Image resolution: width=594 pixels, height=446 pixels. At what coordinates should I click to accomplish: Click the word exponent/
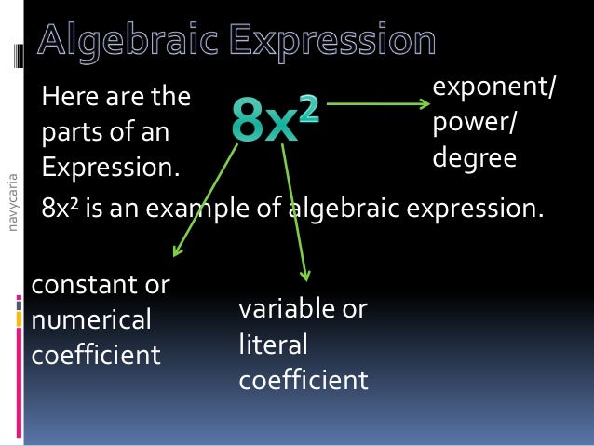[494, 88]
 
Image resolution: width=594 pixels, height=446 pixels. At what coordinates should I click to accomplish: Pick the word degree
[475, 158]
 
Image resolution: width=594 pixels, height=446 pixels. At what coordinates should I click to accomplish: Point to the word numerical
[90, 320]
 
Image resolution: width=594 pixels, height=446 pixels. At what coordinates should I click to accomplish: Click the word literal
[273, 345]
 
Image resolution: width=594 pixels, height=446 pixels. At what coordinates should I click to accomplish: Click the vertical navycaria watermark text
[11, 200]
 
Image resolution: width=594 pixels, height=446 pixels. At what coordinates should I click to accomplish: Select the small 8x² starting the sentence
[61, 208]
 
